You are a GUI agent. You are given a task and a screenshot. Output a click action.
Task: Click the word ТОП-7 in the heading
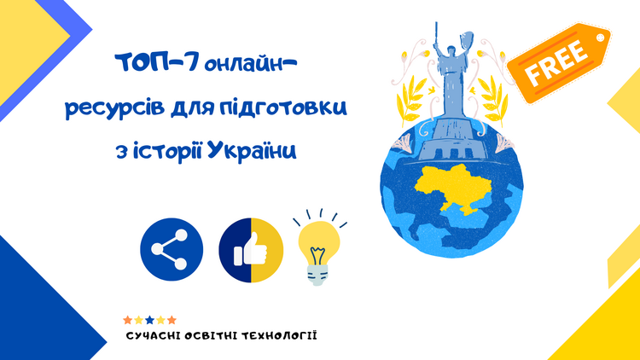[157, 63]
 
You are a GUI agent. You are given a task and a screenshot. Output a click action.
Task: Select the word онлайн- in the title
[250, 63]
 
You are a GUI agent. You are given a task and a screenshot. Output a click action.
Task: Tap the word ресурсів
[115, 107]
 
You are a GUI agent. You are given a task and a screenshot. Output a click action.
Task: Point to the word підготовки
[283, 107]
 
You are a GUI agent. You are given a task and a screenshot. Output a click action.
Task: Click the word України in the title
[252, 151]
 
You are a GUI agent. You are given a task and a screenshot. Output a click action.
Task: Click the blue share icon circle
[172, 249]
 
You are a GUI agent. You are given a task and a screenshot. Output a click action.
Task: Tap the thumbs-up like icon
[251, 250]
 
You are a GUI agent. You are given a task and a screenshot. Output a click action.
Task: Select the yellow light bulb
[319, 247]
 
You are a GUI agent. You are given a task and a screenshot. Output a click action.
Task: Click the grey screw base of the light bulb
[317, 275]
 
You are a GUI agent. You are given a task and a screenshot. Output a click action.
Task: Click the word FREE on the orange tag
[556, 62]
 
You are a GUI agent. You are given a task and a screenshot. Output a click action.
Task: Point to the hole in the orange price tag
[600, 38]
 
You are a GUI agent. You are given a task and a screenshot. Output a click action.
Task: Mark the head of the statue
[451, 50]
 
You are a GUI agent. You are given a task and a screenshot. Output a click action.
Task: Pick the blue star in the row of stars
[150, 320]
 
